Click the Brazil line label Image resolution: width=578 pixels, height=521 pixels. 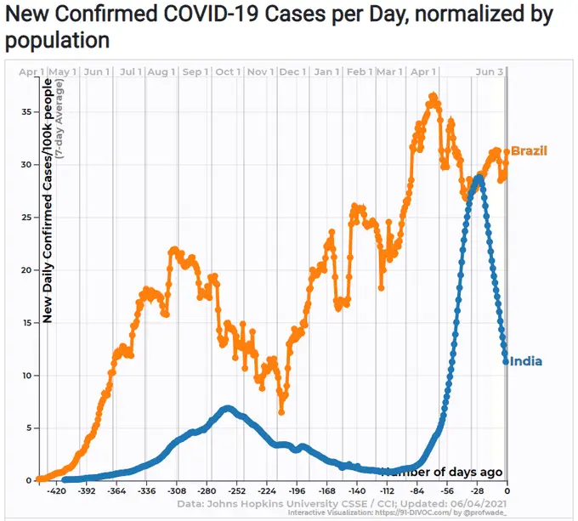529,151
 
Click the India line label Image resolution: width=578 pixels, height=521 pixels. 525,361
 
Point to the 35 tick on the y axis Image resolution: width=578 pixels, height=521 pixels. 26,112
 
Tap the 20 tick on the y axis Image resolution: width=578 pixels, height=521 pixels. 26,270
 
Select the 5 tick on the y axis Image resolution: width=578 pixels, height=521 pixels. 30,428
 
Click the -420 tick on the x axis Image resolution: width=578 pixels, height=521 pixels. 57,491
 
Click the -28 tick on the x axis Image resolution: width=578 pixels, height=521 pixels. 477,491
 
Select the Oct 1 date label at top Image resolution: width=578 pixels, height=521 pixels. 227,72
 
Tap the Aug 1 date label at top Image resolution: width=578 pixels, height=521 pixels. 161,72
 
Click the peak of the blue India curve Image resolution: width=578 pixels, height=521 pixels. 479,178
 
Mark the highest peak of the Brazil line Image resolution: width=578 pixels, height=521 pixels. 433,96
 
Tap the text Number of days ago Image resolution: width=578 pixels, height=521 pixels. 442,472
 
